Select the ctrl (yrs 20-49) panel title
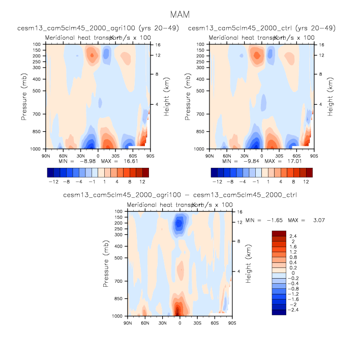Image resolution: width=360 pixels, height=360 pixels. pos(262,28)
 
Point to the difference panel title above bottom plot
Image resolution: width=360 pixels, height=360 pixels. pos(179,195)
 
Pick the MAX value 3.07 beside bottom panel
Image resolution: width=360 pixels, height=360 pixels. pos(318,220)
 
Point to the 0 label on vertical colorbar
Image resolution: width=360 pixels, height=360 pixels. pos(291,273)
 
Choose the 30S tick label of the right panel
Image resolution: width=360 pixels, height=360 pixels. pos(279,156)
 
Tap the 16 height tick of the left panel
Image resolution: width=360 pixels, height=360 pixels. pos(157,44)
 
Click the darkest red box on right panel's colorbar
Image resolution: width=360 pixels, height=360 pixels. pos(309,172)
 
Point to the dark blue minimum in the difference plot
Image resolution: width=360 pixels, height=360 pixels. pos(179,223)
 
